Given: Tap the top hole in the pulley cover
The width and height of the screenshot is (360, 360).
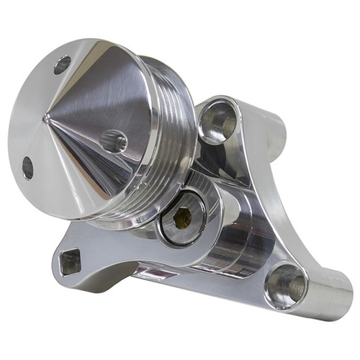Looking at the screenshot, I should point(63,65).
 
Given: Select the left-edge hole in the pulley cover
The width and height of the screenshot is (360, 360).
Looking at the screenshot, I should point(27,167).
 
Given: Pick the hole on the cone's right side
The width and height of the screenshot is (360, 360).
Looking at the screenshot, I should point(113,140).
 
